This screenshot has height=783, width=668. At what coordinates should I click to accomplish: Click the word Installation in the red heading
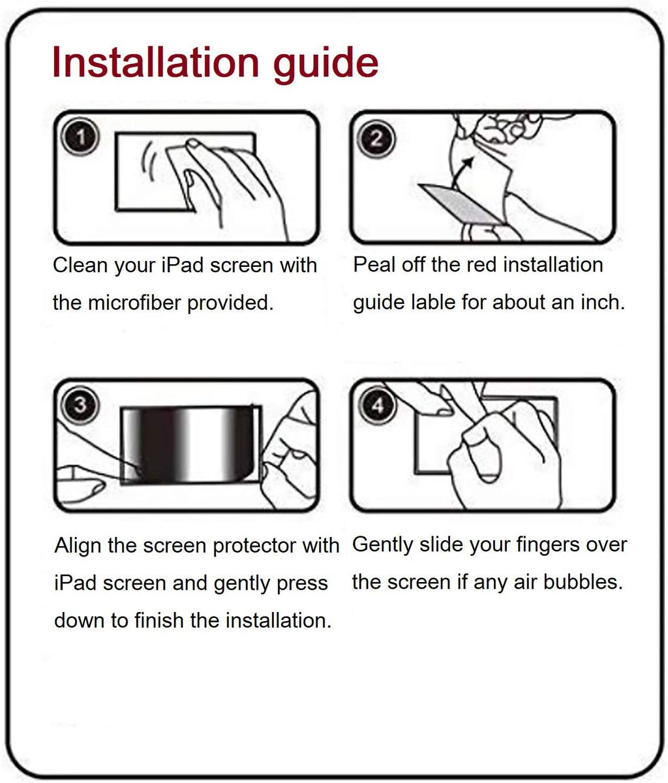[156, 62]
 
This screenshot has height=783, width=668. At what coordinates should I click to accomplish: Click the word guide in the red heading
[326, 65]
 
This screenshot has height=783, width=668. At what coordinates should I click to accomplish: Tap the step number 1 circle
[80, 137]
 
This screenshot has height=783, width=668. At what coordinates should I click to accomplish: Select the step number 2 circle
[376, 138]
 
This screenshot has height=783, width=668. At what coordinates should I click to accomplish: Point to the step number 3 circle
[80, 405]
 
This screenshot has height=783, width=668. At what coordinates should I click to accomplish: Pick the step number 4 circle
[378, 405]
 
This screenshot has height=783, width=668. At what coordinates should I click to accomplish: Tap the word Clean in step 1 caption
[80, 265]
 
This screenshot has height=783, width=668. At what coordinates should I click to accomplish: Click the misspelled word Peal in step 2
[374, 264]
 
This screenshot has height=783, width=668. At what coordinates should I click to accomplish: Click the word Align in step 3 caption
[78, 546]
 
